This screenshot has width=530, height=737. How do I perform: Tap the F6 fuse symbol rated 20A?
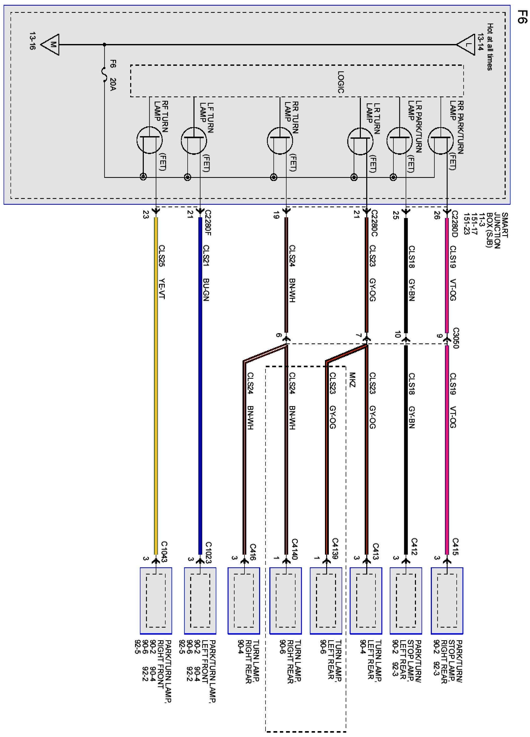pyautogui.click(x=105, y=75)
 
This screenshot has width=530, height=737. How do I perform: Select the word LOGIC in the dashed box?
pyautogui.click(x=340, y=82)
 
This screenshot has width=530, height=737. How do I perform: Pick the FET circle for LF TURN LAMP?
pyautogui.click(x=194, y=141)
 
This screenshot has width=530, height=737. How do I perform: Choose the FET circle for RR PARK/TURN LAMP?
pyautogui.click(x=441, y=140)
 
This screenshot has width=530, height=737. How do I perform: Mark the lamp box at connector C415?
pyautogui.click(x=447, y=601)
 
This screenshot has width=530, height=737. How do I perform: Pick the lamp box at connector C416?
pyautogui.click(x=244, y=601)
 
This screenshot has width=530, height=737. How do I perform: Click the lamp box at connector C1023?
pyautogui.click(x=200, y=601)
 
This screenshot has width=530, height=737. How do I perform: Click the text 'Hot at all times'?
pyautogui.click(x=490, y=47)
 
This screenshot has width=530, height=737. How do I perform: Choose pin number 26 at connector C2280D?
pyautogui.click(x=437, y=215)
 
